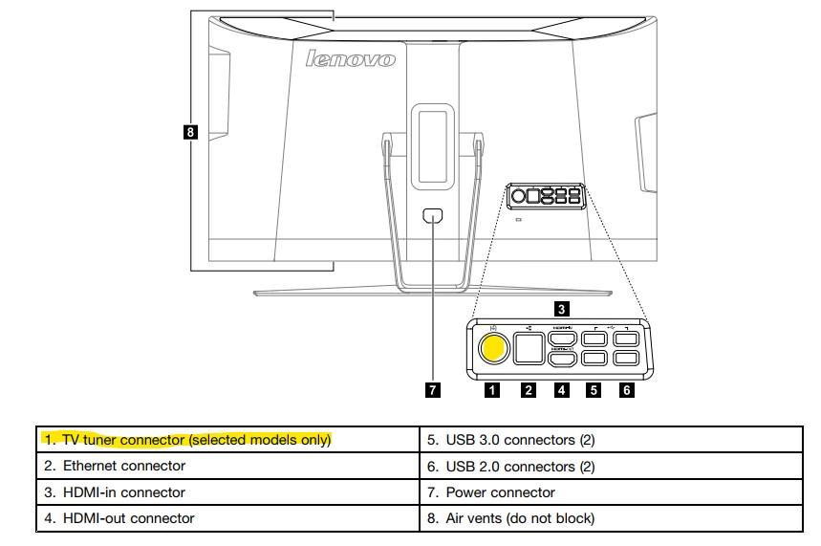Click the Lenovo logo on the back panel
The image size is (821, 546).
[x=350, y=59]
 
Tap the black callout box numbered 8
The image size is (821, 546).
[x=191, y=132]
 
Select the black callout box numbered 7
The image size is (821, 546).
[x=433, y=389]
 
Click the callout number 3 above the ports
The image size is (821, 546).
[x=562, y=308]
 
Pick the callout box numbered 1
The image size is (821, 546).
[x=492, y=389]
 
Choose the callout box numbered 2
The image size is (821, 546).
[x=528, y=389]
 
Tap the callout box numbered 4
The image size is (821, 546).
[x=562, y=389]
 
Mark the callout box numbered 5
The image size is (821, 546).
[x=594, y=389]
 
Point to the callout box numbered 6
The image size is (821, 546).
[x=627, y=389]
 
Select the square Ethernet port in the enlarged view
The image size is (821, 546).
[x=528, y=347]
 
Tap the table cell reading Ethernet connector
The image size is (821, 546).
[x=227, y=467]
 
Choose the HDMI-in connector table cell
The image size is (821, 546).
[x=227, y=492]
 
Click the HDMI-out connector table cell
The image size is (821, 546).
[x=227, y=518]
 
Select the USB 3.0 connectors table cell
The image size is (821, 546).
[x=611, y=440]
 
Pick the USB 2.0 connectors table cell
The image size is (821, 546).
[x=611, y=467]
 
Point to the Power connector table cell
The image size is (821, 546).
[x=611, y=492]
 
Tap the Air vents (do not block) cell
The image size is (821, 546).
[x=611, y=518]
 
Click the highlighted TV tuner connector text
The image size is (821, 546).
[x=187, y=440]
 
